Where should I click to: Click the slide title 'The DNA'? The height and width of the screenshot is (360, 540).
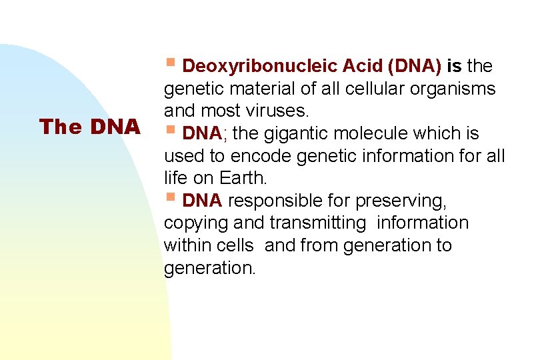[89, 127]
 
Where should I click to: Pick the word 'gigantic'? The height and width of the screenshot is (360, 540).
[298, 134]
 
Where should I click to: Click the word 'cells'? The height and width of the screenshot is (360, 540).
[235, 245]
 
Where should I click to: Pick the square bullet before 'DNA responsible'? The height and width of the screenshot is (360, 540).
[171, 197]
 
